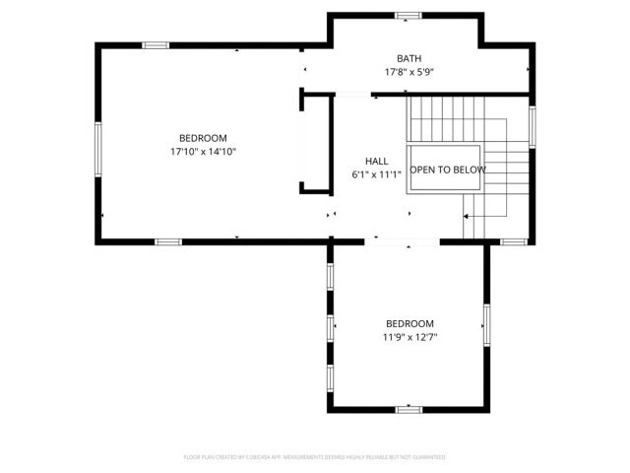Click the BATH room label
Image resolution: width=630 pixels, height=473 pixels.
(x=409, y=58)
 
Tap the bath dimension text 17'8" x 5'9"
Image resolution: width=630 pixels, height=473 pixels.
(x=409, y=72)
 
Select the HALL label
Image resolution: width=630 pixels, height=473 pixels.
(x=376, y=161)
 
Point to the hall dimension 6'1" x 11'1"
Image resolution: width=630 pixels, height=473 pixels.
(x=377, y=174)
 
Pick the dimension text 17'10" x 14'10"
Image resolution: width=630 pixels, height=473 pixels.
(x=203, y=152)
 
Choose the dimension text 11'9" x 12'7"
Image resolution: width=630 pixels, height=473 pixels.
(x=409, y=337)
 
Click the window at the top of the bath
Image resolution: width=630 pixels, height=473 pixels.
(x=409, y=16)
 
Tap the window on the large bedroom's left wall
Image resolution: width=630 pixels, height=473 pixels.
(x=97, y=149)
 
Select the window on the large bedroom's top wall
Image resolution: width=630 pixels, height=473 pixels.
(x=156, y=45)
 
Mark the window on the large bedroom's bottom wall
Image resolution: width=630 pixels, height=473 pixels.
(x=168, y=241)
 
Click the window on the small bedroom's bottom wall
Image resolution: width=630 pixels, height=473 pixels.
(x=409, y=409)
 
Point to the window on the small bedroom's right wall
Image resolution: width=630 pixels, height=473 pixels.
(x=485, y=324)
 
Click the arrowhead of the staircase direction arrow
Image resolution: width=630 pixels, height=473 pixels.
(x=465, y=215)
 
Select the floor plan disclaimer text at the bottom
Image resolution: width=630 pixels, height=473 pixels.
(x=314, y=457)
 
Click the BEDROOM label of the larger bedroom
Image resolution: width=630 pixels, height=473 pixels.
(x=203, y=138)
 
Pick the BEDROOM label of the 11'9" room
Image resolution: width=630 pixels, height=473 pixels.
(x=409, y=323)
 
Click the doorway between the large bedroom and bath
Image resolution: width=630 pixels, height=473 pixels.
(x=303, y=69)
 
